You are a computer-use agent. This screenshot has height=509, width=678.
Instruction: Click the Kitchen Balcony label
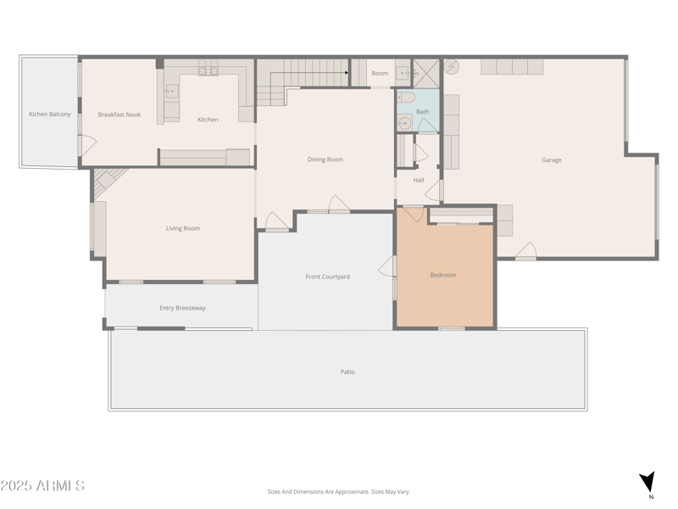(x=50, y=114)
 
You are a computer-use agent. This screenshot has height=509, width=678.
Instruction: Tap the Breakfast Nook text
(x=119, y=115)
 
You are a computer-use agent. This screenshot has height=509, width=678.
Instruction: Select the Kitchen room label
(x=208, y=120)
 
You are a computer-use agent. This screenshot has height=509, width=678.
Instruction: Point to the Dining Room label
(x=325, y=159)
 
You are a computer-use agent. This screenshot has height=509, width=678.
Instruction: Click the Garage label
(x=552, y=159)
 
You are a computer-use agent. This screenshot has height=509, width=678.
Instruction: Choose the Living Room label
(x=182, y=228)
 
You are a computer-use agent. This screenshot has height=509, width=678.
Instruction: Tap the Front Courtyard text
(x=327, y=277)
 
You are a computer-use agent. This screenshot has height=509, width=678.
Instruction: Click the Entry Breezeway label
(x=182, y=308)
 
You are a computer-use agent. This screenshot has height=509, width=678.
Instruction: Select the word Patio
(x=347, y=372)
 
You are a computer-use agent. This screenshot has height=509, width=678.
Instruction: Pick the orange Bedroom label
(x=443, y=275)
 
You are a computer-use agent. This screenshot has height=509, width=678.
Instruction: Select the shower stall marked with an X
(x=426, y=74)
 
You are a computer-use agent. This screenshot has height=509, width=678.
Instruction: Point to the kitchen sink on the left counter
(x=172, y=91)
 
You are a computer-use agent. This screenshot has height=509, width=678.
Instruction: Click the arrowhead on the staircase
(x=347, y=73)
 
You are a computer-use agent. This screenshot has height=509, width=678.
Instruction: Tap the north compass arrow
(x=647, y=481)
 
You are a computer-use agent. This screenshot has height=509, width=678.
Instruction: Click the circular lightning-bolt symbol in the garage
(x=451, y=65)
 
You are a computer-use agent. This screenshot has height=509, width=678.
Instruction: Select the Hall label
(x=419, y=180)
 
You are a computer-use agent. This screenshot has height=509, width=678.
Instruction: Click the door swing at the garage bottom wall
(x=525, y=251)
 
